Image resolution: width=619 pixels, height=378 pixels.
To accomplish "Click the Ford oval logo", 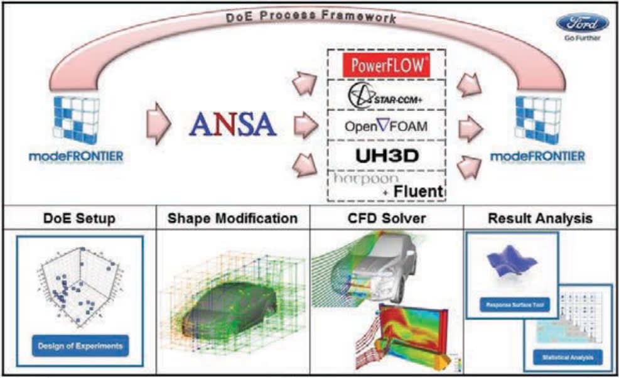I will coord(581,23).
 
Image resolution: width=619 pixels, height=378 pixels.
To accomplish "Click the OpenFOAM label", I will coord(386,126).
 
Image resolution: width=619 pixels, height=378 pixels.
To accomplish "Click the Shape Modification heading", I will coord(232,219).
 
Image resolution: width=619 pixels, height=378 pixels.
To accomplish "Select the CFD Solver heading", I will coord(387,219).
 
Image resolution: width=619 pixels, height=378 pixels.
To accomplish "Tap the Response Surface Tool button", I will coord(512,306).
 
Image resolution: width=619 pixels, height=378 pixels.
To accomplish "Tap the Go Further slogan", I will coord(582,38).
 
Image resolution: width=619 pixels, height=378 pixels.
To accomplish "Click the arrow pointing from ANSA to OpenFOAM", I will coord(306,126).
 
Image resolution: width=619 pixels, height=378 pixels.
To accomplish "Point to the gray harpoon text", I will coord(359,180).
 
